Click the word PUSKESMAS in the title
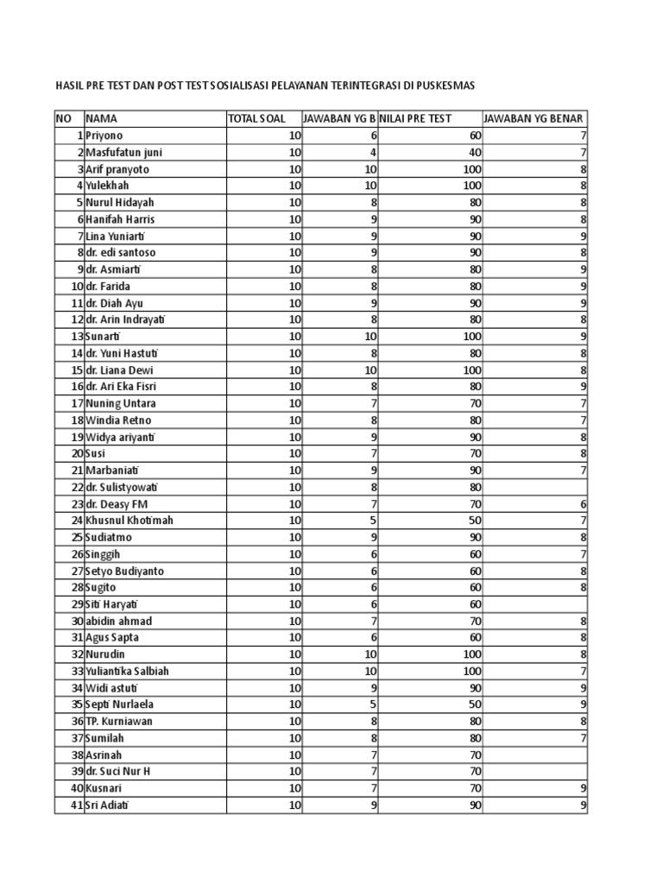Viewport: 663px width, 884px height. tap(445, 85)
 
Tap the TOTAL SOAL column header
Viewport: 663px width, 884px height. tap(256, 118)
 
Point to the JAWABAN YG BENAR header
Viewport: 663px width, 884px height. tap(534, 118)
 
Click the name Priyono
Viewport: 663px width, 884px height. tap(104, 136)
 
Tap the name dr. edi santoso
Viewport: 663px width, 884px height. tap(120, 253)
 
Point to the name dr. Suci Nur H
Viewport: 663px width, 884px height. tap(117, 772)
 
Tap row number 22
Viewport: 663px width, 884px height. tap(76, 487)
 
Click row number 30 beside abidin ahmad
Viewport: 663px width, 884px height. tap(76, 621)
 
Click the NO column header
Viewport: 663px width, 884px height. tap(64, 118)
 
